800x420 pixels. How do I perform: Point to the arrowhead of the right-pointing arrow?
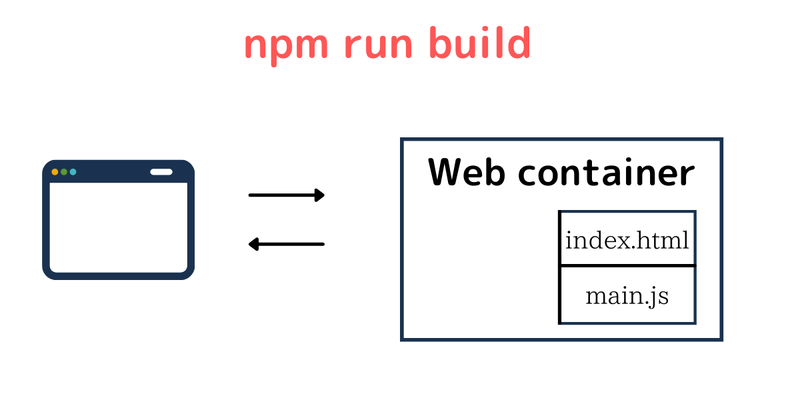click(320, 195)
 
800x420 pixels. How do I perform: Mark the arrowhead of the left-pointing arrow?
click(253, 245)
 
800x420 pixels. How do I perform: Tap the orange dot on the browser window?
click(55, 172)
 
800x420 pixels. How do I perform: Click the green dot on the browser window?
click(64, 172)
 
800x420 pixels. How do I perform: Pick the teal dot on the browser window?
click(73, 172)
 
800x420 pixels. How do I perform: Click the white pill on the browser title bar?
click(161, 172)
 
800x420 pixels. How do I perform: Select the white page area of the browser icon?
click(118, 227)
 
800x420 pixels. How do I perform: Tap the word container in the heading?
click(606, 173)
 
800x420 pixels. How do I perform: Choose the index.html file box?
click(627, 239)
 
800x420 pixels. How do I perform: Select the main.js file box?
click(627, 295)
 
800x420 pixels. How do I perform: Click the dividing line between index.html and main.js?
click(627, 266)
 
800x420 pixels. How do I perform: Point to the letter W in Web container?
click(448, 173)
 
